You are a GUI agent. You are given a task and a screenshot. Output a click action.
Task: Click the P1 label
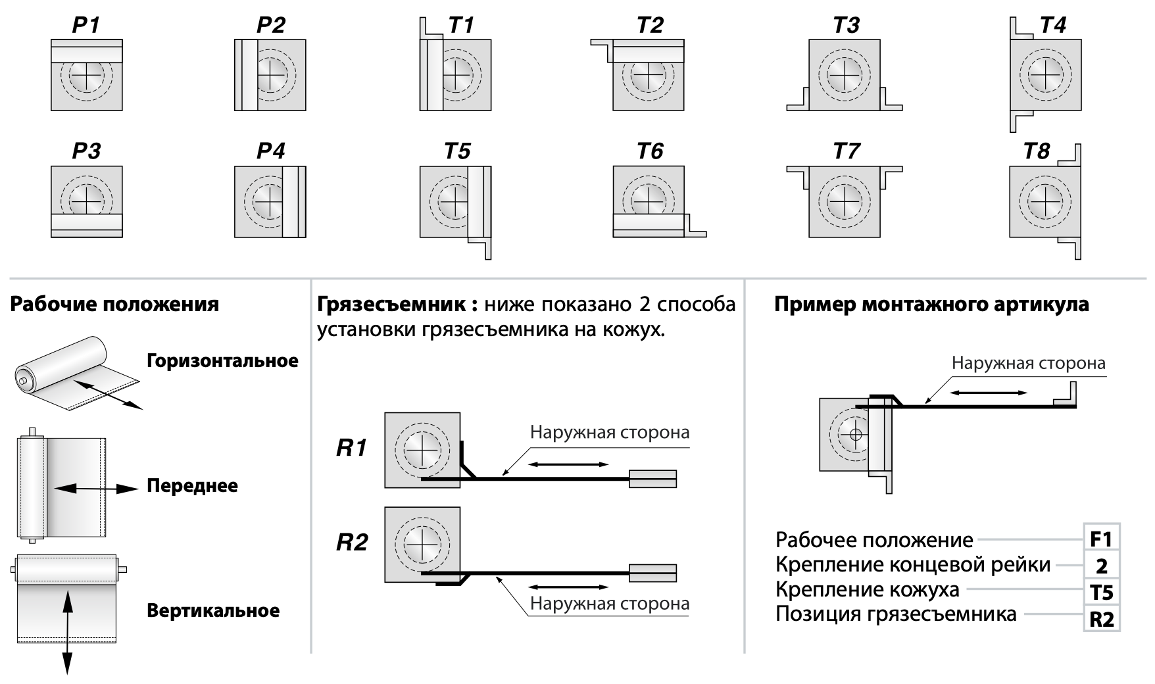[86, 26]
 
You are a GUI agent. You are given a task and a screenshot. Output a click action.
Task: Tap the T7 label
[846, 151]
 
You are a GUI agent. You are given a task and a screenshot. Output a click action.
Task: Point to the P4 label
[270, 151]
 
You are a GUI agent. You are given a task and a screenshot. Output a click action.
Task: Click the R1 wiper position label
[352, 449]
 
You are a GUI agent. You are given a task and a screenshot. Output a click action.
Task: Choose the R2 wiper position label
[352, 543]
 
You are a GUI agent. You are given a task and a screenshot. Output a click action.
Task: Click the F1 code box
[1101, 539]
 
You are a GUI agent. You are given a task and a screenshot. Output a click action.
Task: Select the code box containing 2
[1101, 566]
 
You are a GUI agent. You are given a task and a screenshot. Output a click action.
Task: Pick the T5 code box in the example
[1101, 593]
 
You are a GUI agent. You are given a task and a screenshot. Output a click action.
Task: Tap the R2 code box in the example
[1101, 619]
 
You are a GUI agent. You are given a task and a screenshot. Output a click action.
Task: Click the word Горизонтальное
[222, 361]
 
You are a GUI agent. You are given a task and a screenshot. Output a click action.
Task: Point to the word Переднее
[192, 486]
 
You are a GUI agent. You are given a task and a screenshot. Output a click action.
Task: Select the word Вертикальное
[213, 611]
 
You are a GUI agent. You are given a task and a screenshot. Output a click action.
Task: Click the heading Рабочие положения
[115, 305]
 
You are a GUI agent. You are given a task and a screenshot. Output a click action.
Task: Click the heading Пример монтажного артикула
[931, 305]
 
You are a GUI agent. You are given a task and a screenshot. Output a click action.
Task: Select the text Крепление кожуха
[868, 589]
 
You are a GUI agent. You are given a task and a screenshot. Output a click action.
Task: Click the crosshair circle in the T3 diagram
[845, 75]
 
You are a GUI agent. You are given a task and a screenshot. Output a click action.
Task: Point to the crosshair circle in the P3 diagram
[86, 197]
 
